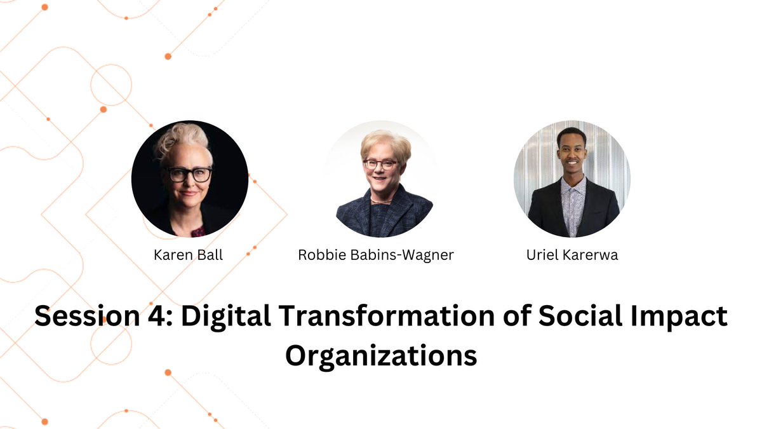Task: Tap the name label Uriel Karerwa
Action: [571, 255]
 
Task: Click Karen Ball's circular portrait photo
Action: [190, 179]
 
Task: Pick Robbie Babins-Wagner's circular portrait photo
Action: [381, 179]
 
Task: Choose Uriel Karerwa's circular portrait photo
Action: [572, 179]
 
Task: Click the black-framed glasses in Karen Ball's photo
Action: [189, 174]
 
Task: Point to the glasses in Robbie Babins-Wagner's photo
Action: [380, 165]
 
